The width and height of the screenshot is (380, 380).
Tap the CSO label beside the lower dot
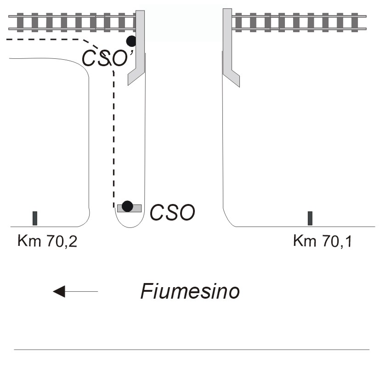click(173, 212)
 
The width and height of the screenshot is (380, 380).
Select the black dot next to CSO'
click(132, 41)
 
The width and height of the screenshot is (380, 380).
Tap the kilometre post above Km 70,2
click(35, 218)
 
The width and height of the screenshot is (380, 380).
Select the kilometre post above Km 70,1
click(310, 218)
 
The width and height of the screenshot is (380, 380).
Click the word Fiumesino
click(189, 291)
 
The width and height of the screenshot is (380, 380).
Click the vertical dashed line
click(113, 138)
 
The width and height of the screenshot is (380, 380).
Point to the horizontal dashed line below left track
click(46, 40)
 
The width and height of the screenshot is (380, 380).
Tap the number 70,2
click(61, 241)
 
